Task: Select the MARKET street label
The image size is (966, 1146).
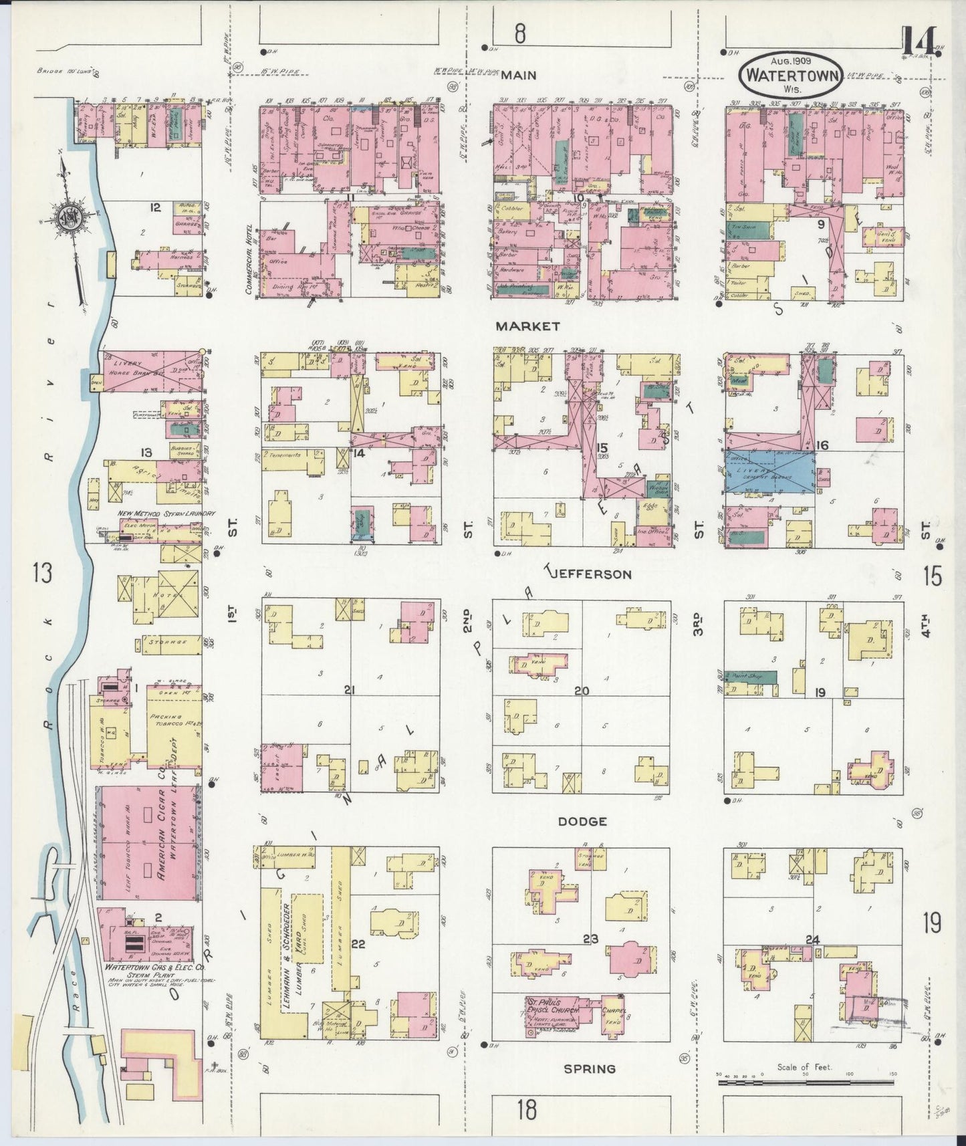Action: pos(527,326)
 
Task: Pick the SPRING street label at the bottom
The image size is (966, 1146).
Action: pos(589,1068)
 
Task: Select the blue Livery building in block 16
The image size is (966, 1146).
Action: pos(770,473)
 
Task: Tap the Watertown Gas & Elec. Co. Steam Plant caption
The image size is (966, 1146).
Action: pos(150,971)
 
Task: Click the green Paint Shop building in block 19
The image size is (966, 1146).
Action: pos(751,677)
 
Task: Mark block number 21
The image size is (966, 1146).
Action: pos(348,690)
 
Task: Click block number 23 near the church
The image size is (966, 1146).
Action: pos(590,939)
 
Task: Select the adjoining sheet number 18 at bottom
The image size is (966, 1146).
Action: pos(526,1109)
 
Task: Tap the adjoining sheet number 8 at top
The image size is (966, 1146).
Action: pos(520,34)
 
